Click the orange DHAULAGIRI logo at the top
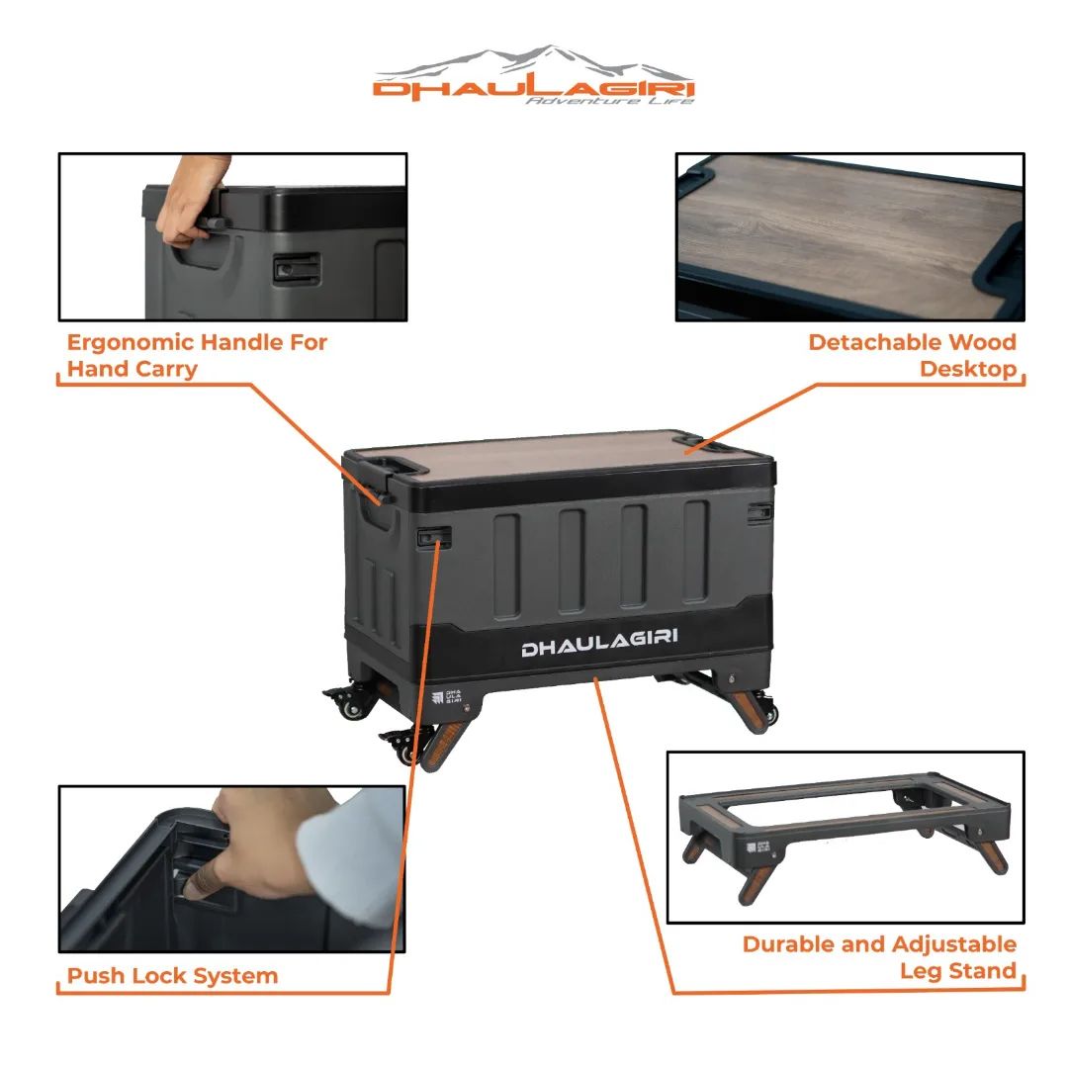[x=533, y=89]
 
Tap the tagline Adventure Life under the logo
[x=609, y=101]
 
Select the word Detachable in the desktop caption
[x=874, y=341]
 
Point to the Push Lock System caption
[x=172, y=975]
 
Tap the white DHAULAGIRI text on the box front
[x=599, y=643]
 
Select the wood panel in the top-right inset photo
[x=848, y=235]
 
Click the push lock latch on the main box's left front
[x=434, y=538]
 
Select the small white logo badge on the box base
[x=447, y=696]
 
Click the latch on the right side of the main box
[x=759, y=513]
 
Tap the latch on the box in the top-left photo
[x=297, y=268]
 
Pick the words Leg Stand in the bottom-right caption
[x=958, y=971]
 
